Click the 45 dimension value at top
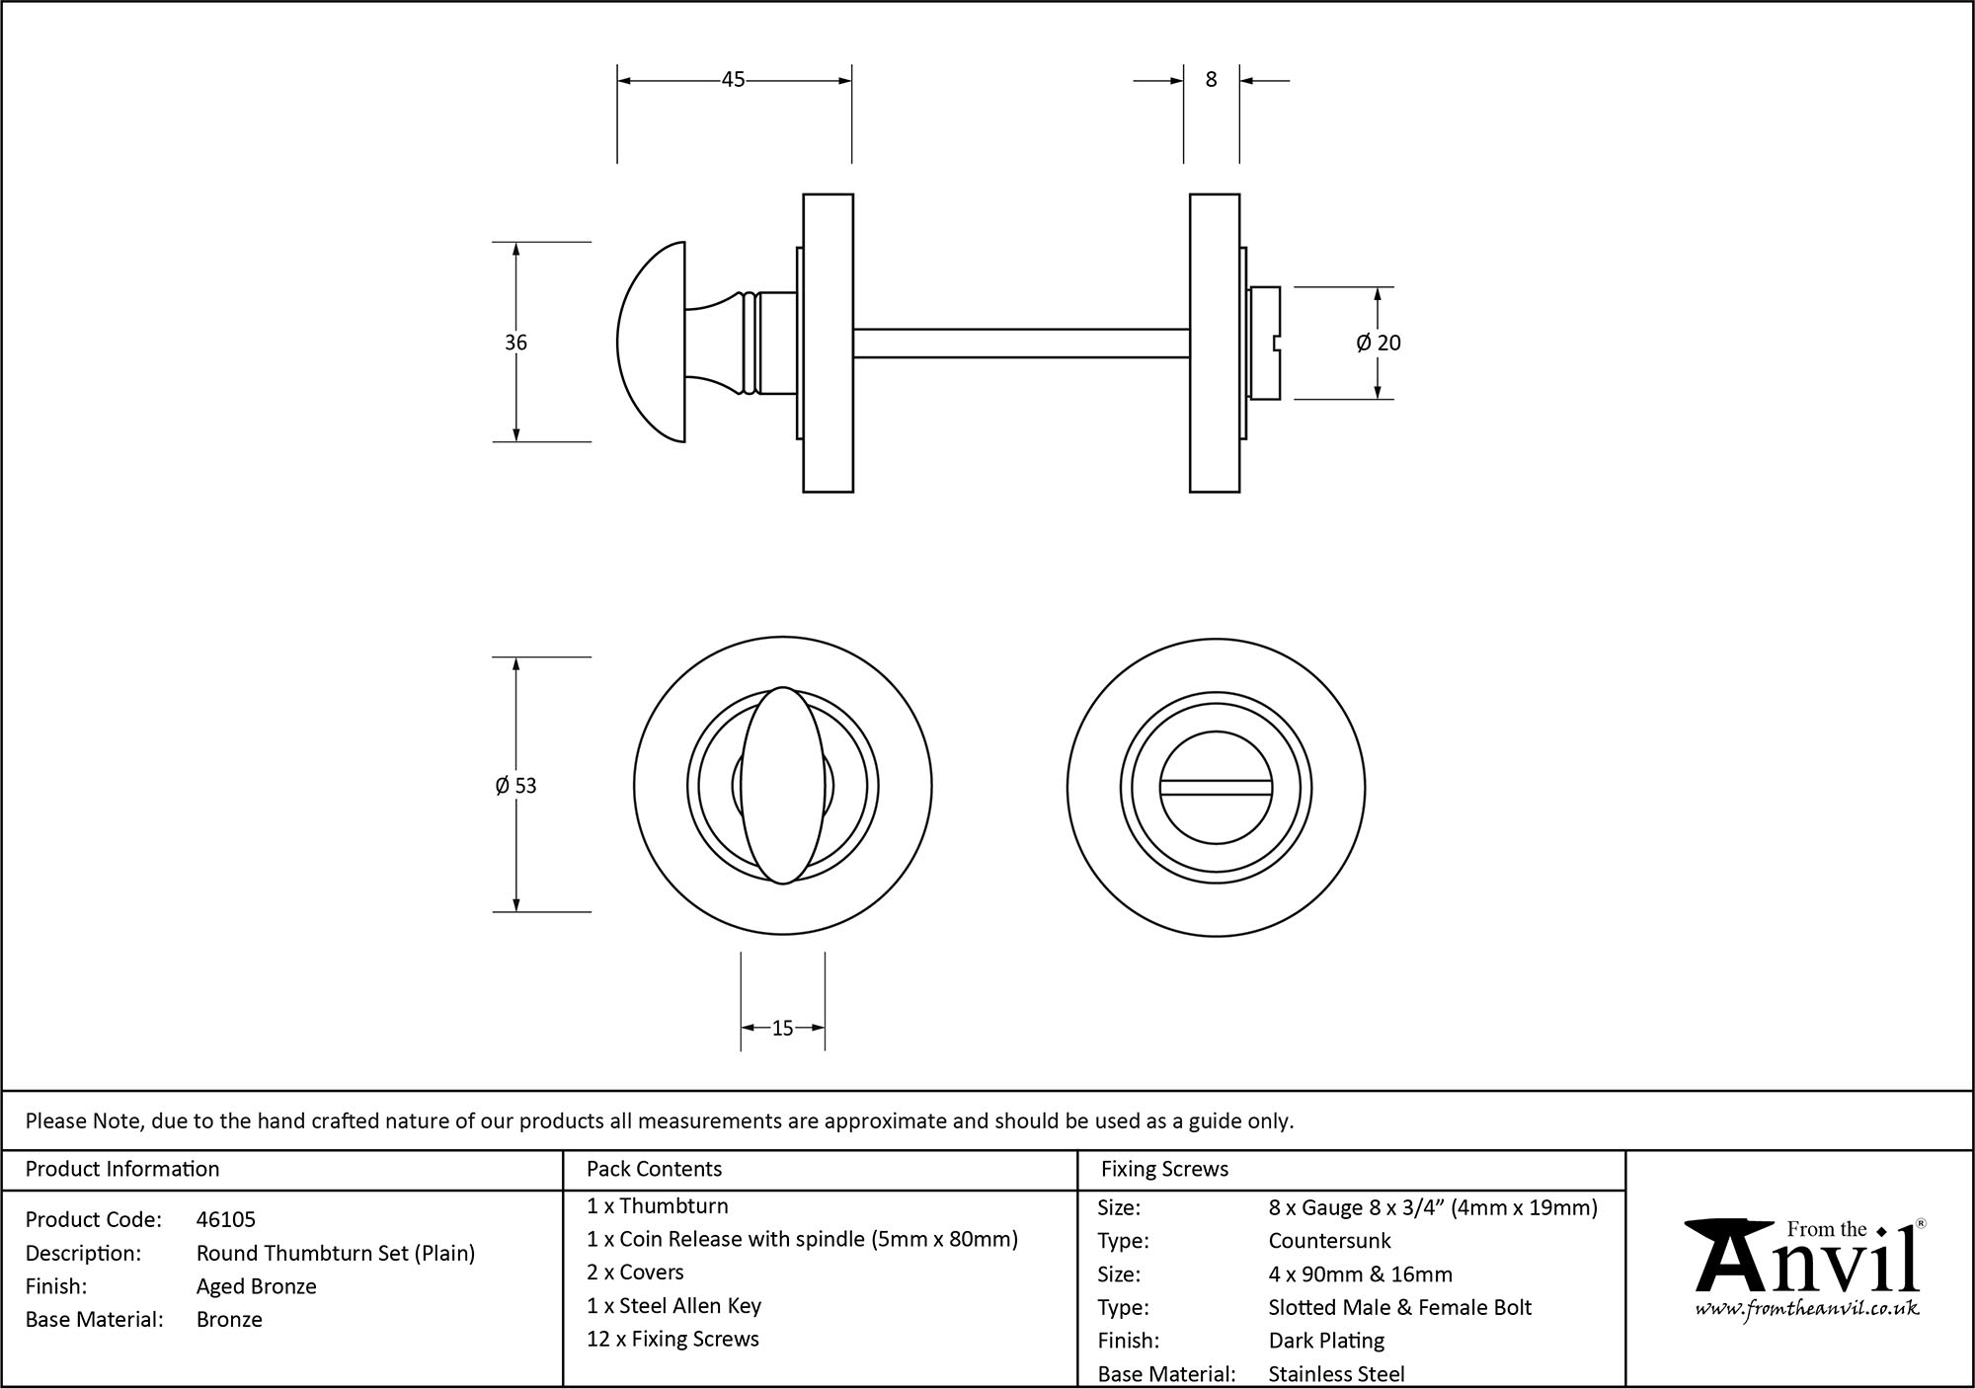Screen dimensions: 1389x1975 pyautogui.click(x=733, y=80)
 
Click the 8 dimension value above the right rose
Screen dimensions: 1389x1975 pyautogui.click(x=1211, y=80)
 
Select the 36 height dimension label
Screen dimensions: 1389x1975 pyautogui.click(x=515, y=343)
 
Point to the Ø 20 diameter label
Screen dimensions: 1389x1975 pyautogui.click(x=1379, y=343)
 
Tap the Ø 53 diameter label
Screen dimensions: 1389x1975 pyautogui.click(x=515, y=786)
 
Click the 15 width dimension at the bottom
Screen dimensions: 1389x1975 pyautogui.click(x=782, y=1029)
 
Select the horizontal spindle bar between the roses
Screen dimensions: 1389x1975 pyautogui.click(x=1020, y=343)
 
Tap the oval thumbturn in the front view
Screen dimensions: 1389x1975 pyautogui.click(x=782, y=786)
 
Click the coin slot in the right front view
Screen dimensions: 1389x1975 pyautogui.click(x=1216, y=787)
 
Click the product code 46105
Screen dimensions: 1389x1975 pyautogui.click(x=226, y=1220)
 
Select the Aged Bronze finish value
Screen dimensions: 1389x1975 pyautogui.click(x=257, y=1286)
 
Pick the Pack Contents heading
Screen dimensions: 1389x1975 pyautogui.click(x=654, y=1169)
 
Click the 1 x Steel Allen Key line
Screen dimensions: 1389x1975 pyautogui.click(x=673, y=1306)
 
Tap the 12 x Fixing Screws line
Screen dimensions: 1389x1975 pyautogui.click(x=672, y=1340)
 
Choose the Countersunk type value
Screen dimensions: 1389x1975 pyautogui.click(x=1329, y=1241)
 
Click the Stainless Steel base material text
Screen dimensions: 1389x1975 pyautogui.click(x=1336, y=1374)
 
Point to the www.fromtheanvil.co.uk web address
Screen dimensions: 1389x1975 pyautogui.click(x=1807, y=1310)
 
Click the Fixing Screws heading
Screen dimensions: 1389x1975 pyautogui.click(x=1164, y=1169)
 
